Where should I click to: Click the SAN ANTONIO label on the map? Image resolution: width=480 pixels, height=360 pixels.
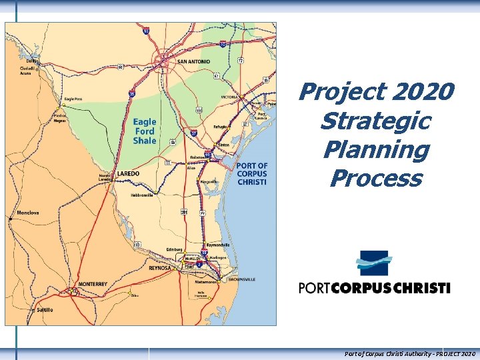click(194, 61)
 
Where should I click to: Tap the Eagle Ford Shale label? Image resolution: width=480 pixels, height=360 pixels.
click(145, 131)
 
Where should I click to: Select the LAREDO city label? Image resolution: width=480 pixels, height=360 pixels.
click(127, 173)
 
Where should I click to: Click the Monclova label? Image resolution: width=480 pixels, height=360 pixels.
click(27, 213)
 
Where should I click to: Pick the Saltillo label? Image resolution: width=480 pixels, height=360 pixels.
click(44, 310)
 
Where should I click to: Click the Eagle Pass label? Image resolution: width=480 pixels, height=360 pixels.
click(73, 98)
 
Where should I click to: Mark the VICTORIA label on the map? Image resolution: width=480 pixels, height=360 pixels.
click(229, 97)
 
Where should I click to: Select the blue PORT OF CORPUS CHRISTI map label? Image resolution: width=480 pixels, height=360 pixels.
click(252, 173)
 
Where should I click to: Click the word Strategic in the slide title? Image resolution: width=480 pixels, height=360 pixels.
click(375, 121)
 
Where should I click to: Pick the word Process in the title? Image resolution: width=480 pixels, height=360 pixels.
click(375, 178)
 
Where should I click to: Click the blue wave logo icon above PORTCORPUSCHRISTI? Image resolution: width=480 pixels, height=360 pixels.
click(373, 263)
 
